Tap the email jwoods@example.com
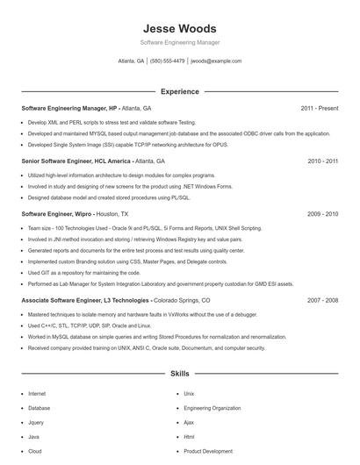tap(215, 61)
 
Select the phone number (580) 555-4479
tap(167, 61)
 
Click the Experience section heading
tap(179, 91)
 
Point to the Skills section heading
tap(179, 374)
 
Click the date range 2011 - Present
tap(319, 109)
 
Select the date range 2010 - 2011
tap(322, 161)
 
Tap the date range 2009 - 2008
tap(322, 213)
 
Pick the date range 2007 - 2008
tap(322, 300)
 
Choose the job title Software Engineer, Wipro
tap(55, 213)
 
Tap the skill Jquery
tap(35, 422)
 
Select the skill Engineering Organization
tap(212, 408)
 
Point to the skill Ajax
tap(189, 422)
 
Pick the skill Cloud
tap(35, 451)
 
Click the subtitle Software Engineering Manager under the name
tap(179, 42)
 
